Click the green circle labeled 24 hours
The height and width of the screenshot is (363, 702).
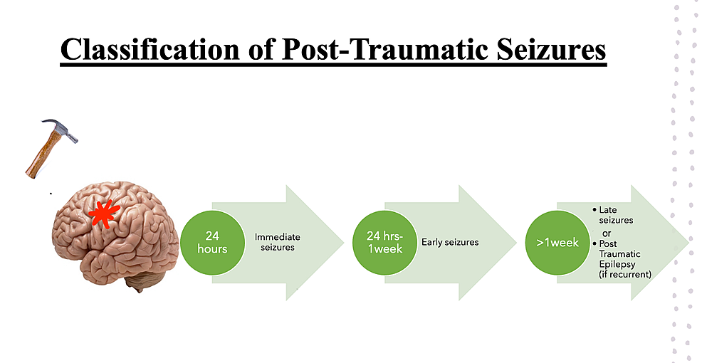pos(213,243)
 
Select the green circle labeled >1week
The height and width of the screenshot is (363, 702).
pos(557,243)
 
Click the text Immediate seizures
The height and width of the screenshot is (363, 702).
pos(277,242)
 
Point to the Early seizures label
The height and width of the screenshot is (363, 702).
pos(450,242)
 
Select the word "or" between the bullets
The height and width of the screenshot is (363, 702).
pos(607,232)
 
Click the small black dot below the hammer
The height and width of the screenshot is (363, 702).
pos(50,193)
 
